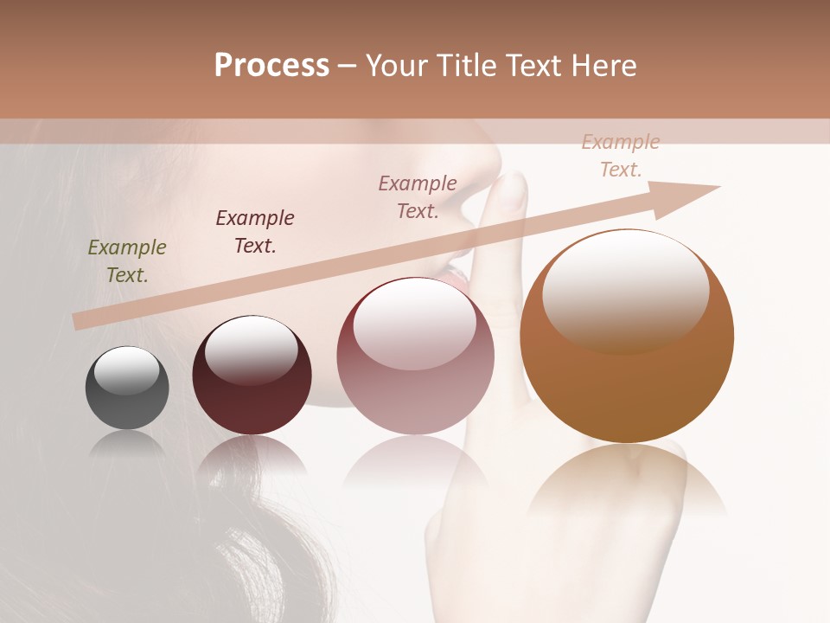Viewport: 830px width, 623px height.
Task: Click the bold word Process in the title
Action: (271, 66)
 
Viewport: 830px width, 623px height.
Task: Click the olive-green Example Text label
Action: (127, 261)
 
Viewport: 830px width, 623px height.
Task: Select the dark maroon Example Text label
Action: (255, 231)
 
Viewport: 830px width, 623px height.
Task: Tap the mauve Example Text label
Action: (418, 196)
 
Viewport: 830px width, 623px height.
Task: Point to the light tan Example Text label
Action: (621, 156)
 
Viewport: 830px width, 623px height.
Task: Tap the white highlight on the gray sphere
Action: (127, 371)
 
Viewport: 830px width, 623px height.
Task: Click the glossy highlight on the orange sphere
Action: (625, 290)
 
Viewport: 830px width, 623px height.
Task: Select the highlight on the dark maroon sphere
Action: (252, 349)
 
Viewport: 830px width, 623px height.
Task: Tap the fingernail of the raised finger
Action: (515, 189)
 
